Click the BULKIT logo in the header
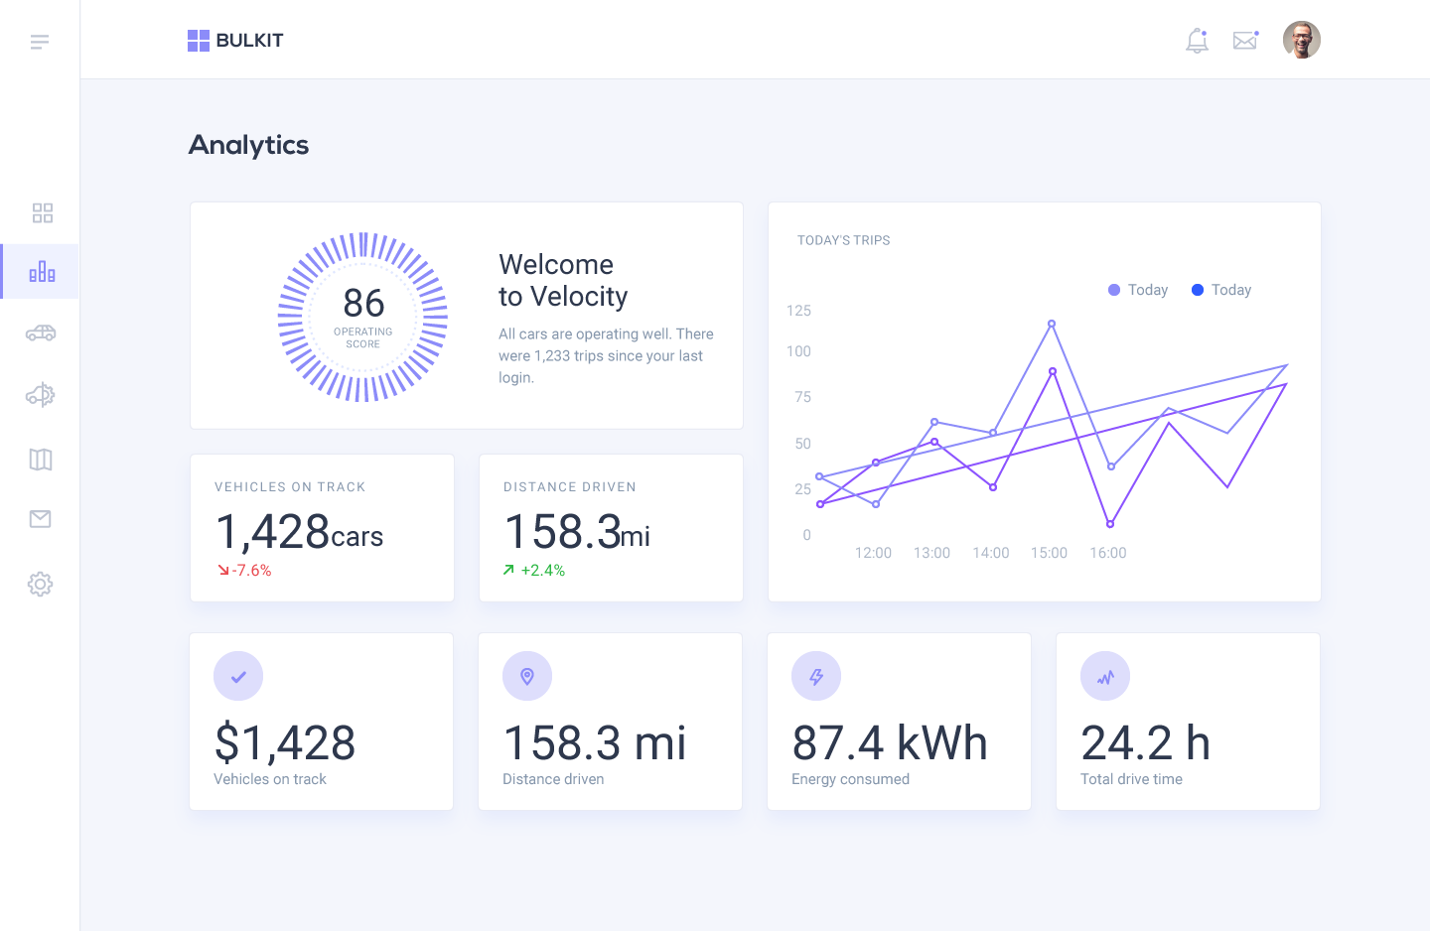(x=235, y=41)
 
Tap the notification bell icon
(x=1197, y=41)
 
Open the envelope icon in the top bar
(x=1245, y=41)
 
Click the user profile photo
(x=1301, y=41)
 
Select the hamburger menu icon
(x=40, y=42)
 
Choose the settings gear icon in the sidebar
(x=40, y=584)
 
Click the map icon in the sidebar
(x=41, y=460)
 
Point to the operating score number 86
(x=363, y=303)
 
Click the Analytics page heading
(x=248, y=145)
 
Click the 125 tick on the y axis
(x=798, y=311)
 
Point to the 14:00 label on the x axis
(x=990, y=553)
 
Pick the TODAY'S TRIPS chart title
(x=843, y=240)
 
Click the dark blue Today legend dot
(x=1198, y=290)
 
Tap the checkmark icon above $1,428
(x=238, y=677)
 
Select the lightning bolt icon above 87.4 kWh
(x=816, y=677)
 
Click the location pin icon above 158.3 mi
(x=527, y=677)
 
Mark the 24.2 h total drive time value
(x=1145, y=743)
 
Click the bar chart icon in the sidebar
(x=42, y=272)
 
